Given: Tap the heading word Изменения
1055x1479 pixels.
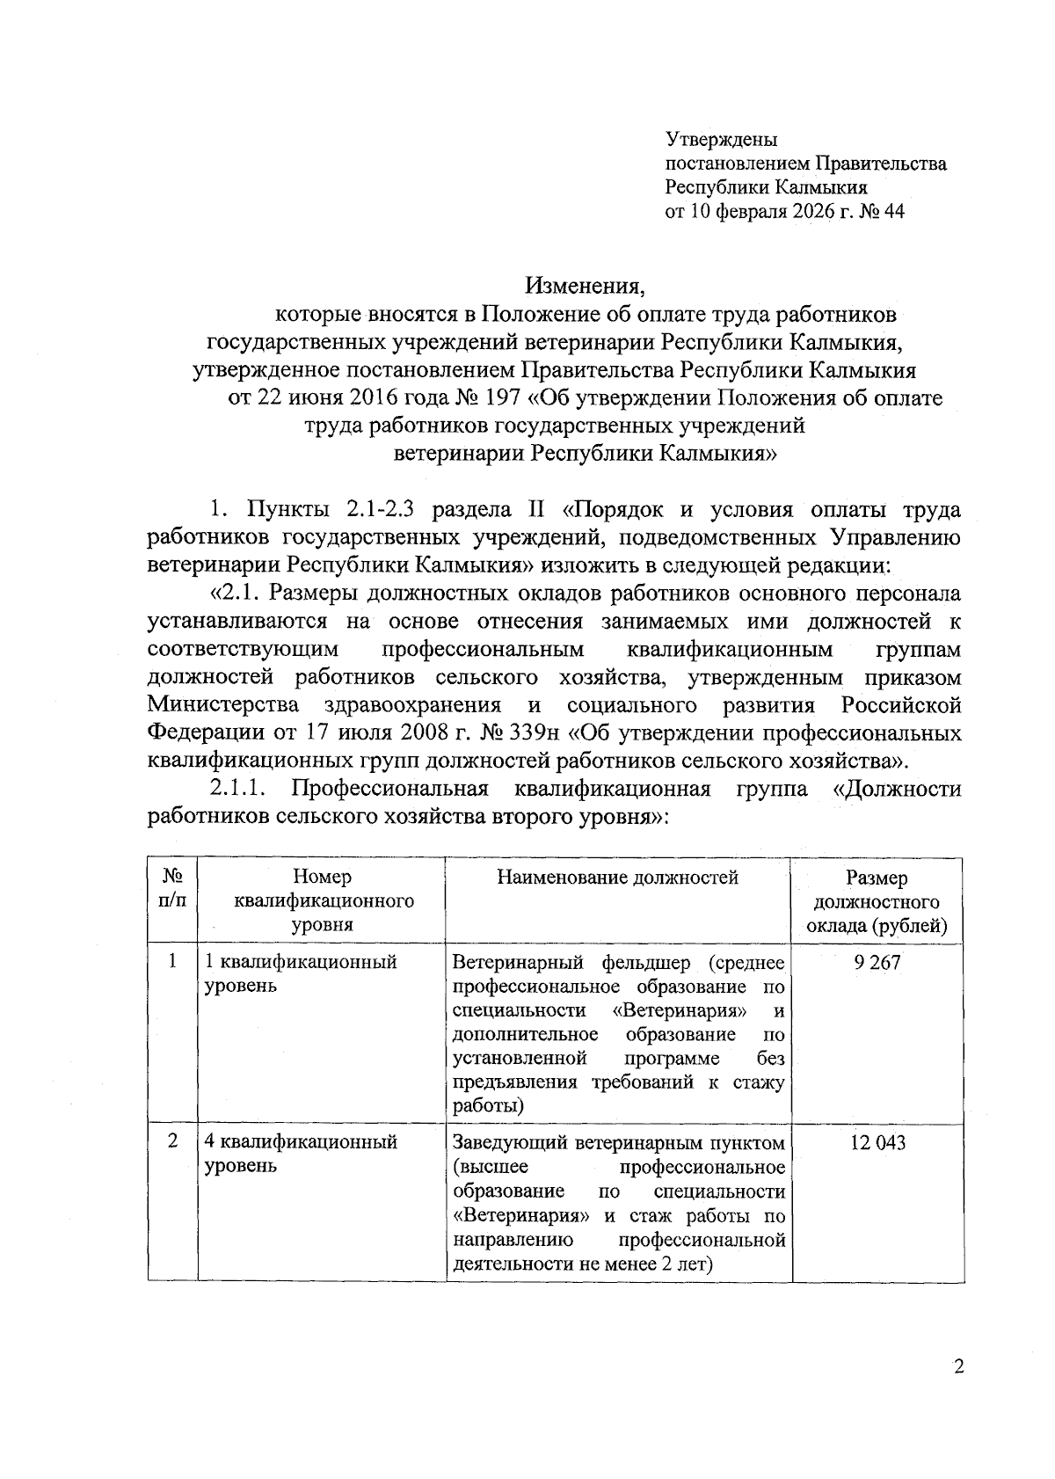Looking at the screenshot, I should click(x=586, y=286).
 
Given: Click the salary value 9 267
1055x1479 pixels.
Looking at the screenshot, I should click(x=877, y=962).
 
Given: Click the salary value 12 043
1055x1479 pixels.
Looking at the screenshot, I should click(x=877, y=1142).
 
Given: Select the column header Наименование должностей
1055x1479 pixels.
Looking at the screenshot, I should click(x=617, y=877).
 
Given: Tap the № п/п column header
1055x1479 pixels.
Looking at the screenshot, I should click(x=172, y=889).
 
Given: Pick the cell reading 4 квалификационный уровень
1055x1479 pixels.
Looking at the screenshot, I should click(x=301, y=1154).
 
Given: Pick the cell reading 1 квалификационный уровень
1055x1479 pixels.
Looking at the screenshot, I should click(x=301, y=973).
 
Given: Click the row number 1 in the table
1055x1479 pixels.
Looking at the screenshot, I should click(x=172, y=961).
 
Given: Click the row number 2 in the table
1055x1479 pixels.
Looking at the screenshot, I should click(x=172, y=1141).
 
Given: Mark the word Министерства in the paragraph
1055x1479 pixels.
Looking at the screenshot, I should click(x=223, y=705).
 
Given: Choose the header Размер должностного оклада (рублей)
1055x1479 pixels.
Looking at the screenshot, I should click(x=877, y=901).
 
